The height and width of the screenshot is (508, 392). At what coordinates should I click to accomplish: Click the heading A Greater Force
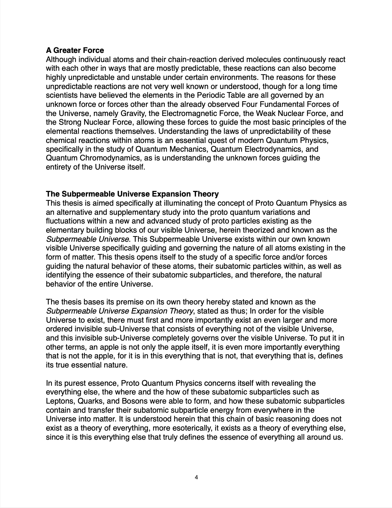75,50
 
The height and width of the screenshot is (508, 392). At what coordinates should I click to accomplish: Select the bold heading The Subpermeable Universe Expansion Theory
132,194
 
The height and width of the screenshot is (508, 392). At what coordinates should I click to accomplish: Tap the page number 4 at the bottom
196,477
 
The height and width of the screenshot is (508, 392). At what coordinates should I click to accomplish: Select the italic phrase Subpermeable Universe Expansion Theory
120,311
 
